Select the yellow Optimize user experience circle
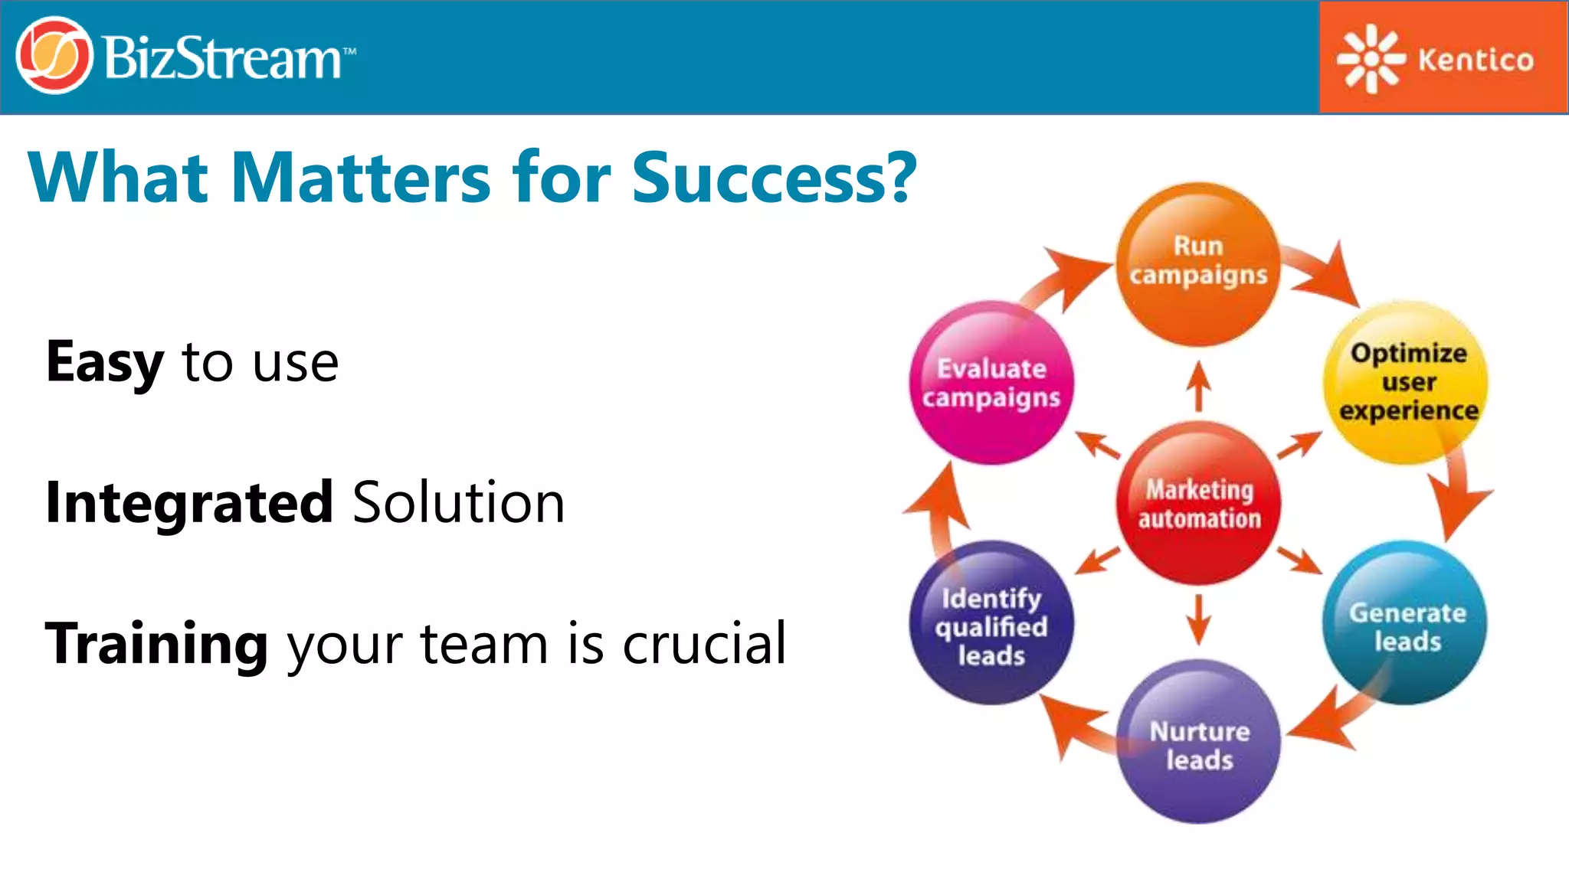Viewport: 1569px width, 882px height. point(1407,382)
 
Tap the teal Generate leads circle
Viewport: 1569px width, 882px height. point(1406,624)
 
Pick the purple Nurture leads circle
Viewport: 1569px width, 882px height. point(1198,743)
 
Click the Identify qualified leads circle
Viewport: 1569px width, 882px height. point(991,624)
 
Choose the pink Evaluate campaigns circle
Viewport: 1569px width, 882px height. point(991,382)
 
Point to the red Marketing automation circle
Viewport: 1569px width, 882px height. point(1198,503)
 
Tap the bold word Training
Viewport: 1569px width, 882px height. point(156,644)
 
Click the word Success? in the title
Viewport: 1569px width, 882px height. point(774,178)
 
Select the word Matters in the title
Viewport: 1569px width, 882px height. point(360,178)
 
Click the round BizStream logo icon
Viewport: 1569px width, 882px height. point(54,56)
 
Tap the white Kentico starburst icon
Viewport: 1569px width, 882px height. point(1371,58)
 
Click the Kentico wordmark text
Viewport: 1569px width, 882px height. point(1476,60)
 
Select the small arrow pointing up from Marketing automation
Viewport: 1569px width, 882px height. point(1198,386)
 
